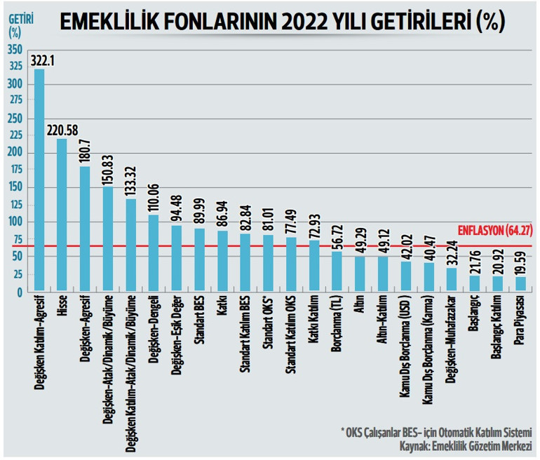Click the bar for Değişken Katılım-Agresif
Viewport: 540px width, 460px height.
[39, 180]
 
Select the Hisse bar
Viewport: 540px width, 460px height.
[62, 214]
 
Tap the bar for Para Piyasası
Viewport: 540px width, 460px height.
[520, 283]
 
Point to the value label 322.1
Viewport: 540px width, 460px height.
[43, 62]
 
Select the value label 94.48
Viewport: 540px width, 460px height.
[177, 206]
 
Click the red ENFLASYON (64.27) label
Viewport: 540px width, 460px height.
[494, 230]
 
